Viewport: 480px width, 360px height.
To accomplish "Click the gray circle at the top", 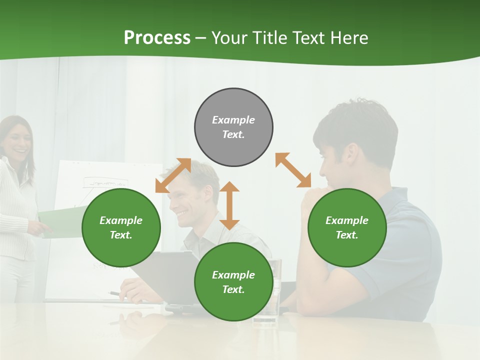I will click(233, 127).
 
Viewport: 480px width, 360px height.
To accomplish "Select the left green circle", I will click(121, 227).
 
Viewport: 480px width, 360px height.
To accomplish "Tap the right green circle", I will click(347, 227).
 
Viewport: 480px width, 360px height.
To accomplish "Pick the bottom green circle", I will click(233, 282).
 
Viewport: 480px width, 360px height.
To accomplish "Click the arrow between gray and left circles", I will click(173, 175).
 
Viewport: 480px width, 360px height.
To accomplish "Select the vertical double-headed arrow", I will click(229, 205).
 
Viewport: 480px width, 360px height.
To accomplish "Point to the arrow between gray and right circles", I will click(293, 170).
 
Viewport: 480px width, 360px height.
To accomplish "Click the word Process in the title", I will click(157, 38).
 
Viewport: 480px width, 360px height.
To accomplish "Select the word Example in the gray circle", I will click(233, 120).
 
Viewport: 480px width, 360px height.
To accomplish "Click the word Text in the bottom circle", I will click(232, 289).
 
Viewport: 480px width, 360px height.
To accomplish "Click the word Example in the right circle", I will click(347, 220).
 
